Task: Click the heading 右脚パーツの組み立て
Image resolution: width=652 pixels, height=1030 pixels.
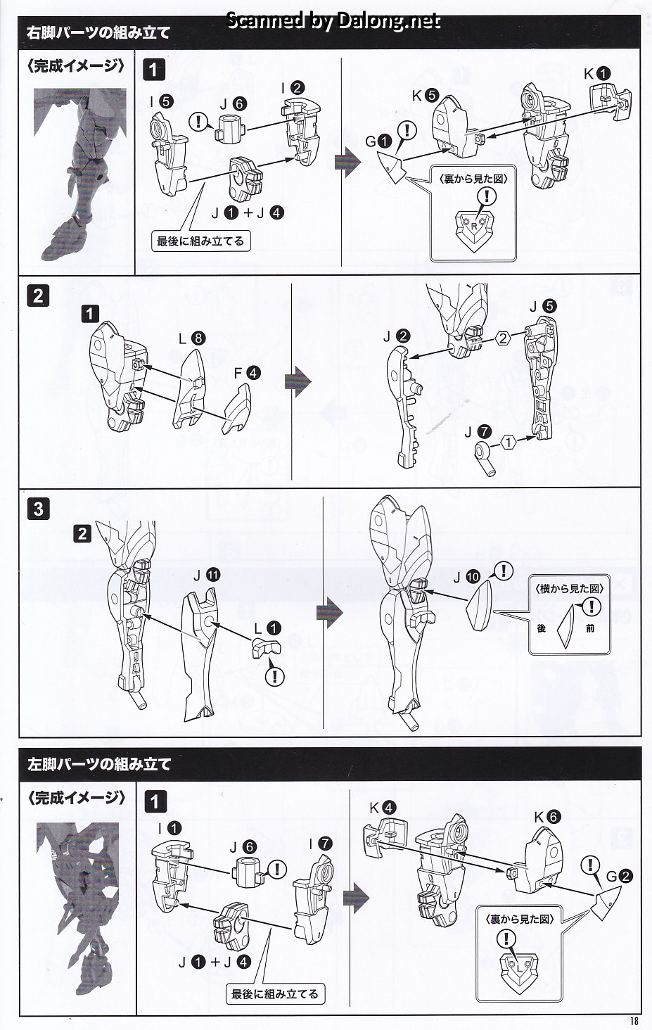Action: (x=99, y=32)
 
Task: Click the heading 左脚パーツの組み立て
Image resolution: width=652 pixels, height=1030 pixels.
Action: (x=99, y=764)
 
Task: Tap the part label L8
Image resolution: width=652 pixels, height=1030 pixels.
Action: (x=192, y=338)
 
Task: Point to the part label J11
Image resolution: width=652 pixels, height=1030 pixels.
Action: (x=207, y=575)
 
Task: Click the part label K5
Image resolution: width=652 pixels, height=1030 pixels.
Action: (x=426, y=96)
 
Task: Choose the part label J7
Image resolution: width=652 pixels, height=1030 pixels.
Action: (x=478, y=432)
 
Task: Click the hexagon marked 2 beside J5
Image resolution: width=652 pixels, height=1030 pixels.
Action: (x=503, y=338)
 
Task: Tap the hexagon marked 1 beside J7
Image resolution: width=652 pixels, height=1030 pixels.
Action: (x=508, y=443)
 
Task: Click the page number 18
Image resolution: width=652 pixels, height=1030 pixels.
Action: (x=634, y=1021)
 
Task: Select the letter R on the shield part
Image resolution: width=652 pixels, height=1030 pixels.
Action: (x=473, y=227)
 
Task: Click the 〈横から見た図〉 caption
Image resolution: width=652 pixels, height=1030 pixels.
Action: (x=569, y=589)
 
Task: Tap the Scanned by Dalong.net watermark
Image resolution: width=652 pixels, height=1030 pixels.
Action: (x=333, y=20)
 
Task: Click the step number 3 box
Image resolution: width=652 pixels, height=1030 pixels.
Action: (x=38, y=509)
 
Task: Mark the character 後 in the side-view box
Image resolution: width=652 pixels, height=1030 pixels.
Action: (x=541, y=628)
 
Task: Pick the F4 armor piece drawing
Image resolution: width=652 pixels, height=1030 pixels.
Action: (x=237, y=408)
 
